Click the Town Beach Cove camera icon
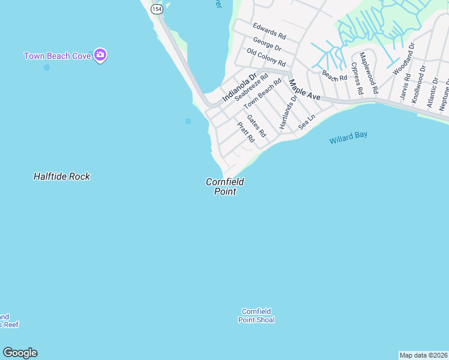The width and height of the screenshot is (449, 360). (101, 56)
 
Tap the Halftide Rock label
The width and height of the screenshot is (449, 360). (62, 176)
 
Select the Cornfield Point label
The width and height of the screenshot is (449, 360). (225, 187)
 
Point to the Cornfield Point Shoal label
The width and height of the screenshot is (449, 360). (256, 316)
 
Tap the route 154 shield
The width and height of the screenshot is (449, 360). (157, 9)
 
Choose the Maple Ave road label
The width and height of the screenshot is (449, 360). (304, 89)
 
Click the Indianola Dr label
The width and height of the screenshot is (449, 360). (239, 88)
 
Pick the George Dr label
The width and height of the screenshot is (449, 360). (267, 44)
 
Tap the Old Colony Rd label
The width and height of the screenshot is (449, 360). (266, 58)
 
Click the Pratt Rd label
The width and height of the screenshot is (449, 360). (246, 132)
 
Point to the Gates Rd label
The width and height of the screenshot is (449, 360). (256, 127)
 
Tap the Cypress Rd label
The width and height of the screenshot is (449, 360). (357, 79)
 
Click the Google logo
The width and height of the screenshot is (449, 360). (20, 353)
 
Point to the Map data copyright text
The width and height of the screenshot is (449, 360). (423, 355)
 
